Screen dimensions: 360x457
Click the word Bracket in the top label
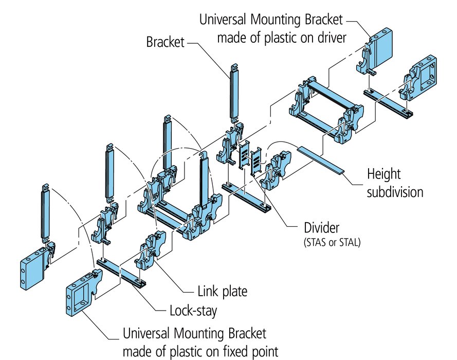[165, 42]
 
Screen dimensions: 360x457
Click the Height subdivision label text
[395, 183]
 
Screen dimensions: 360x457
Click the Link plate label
[222, 292]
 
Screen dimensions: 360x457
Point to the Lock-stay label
[193, 311]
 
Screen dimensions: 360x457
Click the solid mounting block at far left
[32, 271]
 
